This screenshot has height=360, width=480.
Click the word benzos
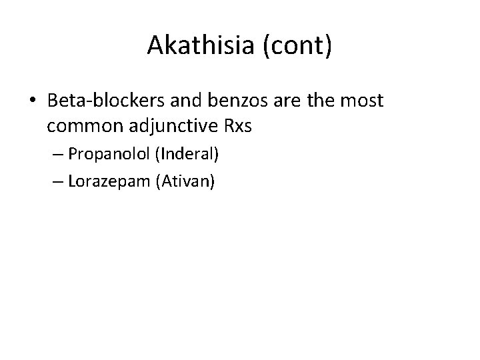pos(222,101)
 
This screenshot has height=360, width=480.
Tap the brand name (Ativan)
pos(184,181)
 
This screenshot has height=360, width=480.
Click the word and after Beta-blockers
pos(171,101)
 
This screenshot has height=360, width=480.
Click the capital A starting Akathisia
pos(155,45)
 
